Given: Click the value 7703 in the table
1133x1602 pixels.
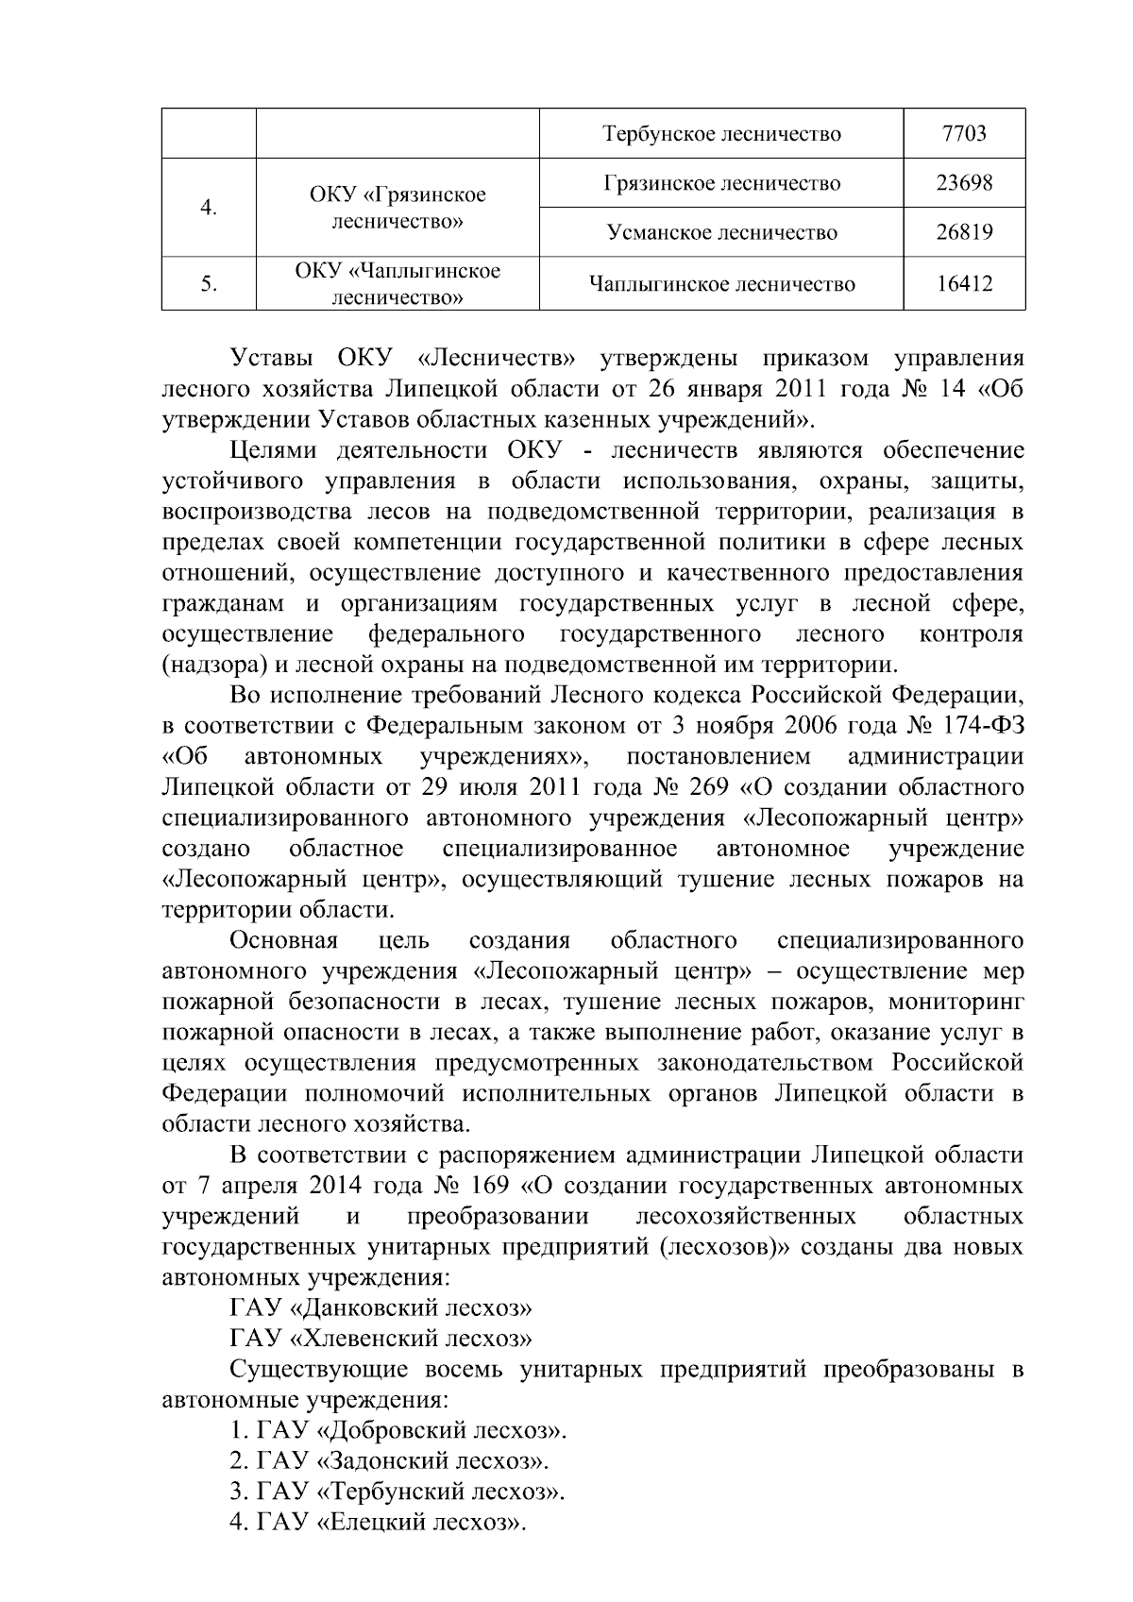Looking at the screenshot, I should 964,133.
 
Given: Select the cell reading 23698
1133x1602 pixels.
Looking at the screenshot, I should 964,182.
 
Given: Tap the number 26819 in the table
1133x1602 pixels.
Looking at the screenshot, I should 964,232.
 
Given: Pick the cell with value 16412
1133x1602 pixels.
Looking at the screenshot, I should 964,283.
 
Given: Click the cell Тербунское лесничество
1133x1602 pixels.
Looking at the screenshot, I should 721,133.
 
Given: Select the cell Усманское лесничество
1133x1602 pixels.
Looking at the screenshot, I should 721,232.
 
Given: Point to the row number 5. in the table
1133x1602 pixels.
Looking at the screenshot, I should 209,283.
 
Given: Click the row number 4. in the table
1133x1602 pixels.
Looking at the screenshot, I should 209,208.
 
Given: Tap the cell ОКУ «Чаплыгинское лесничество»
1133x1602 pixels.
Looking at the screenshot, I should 397,284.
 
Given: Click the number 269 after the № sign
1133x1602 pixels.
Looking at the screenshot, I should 708,786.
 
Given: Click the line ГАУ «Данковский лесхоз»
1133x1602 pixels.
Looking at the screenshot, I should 381,1307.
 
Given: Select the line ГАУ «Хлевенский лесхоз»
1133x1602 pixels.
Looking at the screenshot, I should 381,1338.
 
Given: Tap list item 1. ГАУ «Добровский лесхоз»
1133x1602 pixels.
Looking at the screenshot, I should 397,1430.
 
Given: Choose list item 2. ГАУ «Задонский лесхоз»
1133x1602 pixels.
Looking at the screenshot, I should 389,1460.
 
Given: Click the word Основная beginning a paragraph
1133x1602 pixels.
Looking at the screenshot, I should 284,940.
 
